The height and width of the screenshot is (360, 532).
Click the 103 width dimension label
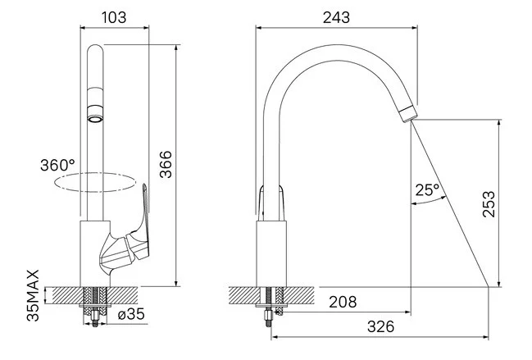pos(114,17)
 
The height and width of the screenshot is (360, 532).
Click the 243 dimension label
pos(336,18)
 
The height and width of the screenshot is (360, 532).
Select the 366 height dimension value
pos(166,165)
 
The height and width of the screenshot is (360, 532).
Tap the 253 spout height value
pos(489,204)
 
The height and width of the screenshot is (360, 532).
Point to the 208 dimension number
pos(343,302)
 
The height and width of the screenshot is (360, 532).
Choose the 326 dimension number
pos(381,326)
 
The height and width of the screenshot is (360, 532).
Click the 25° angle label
pos(427,189)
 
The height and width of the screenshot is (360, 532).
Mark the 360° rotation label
pos(57,166)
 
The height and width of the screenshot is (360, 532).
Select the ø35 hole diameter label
pos(131,315)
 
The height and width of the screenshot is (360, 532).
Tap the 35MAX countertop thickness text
pos(34,295)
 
